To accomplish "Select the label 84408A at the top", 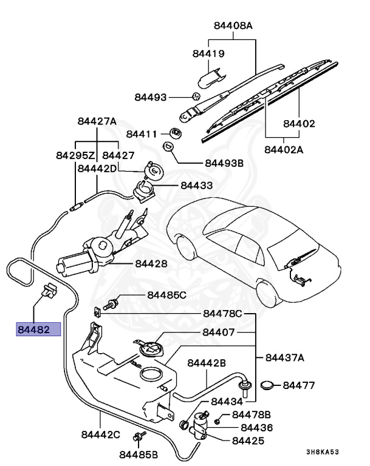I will click(x=233, y=26).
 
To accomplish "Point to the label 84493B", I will click(x=224, y=163).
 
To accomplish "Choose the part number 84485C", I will click(x=166, y=295).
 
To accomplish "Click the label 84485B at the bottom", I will click(x=139, y=454).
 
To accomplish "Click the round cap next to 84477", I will click(x=268, y=385).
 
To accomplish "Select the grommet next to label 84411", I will click(x=174, y=133).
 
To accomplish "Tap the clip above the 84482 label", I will click(x=49, y=291).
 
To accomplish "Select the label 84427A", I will click(x=97, y=121).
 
